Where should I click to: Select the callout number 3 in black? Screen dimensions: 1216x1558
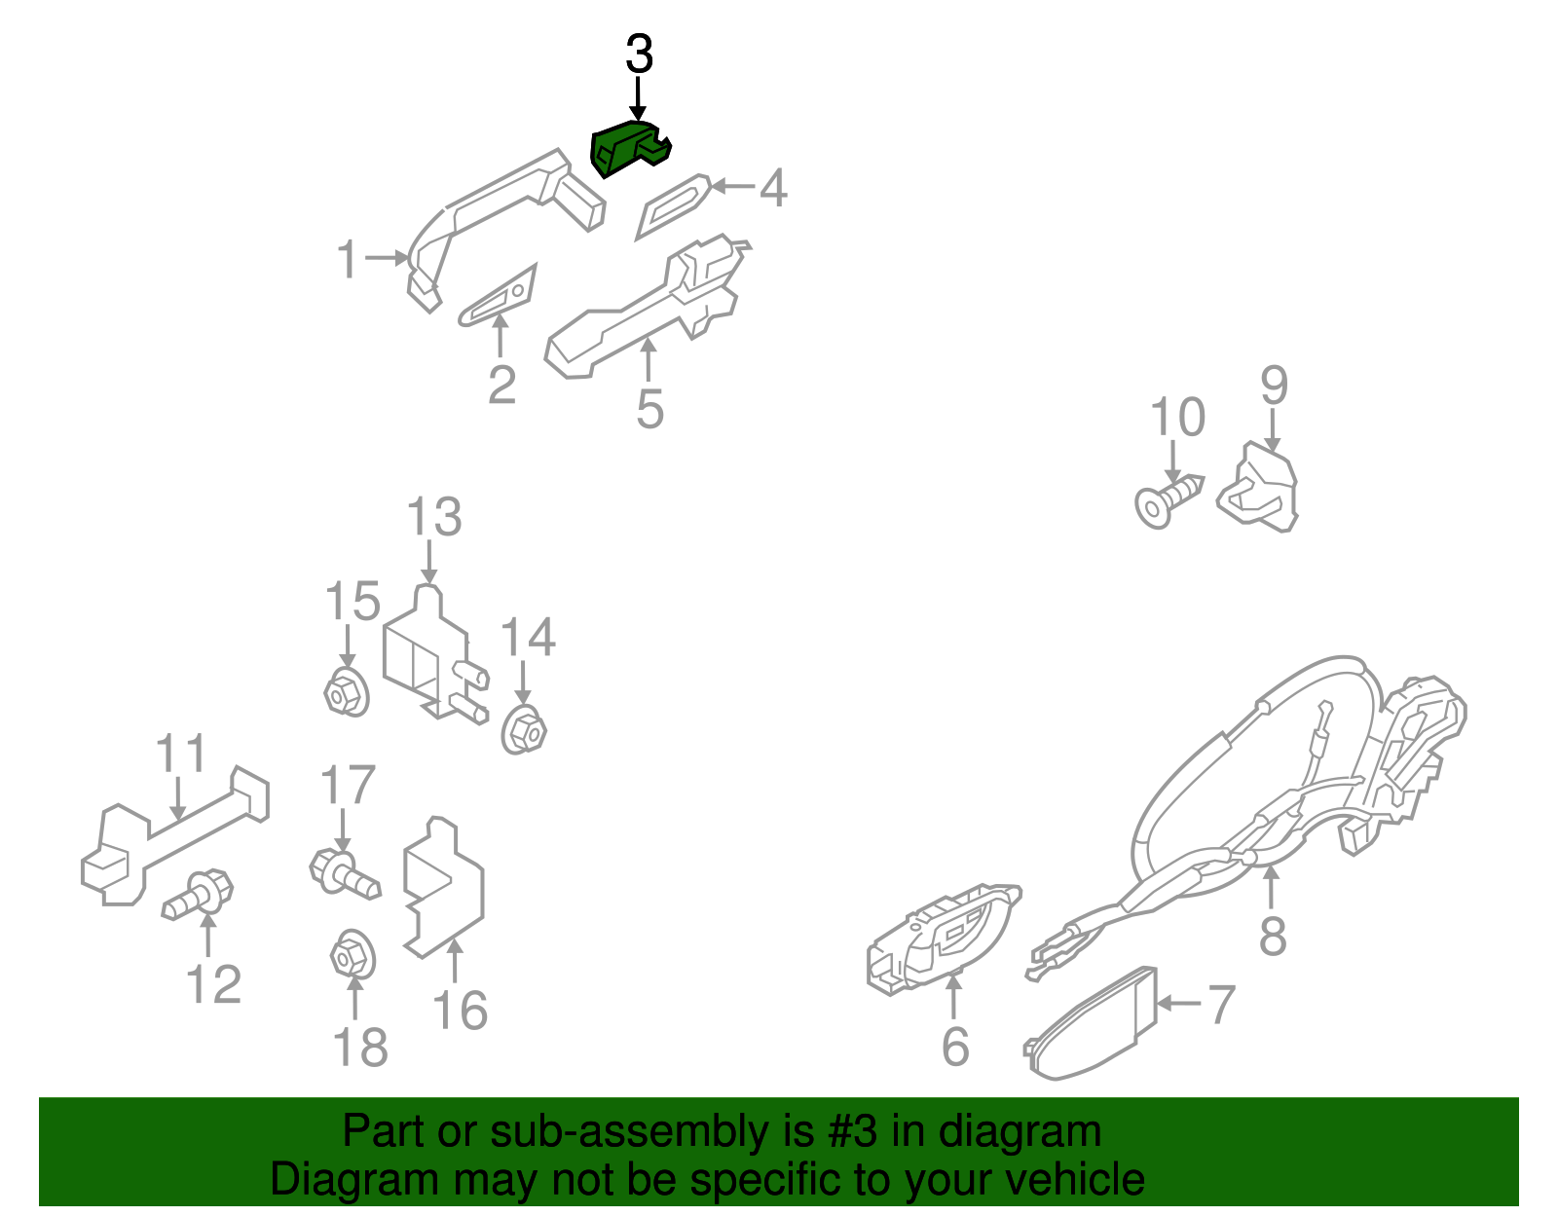click(639, 55)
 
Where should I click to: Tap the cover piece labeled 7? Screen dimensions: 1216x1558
click(1091, 1024)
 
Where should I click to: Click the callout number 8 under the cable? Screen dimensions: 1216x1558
click(1273, 935)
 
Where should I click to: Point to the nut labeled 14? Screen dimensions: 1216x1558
click(524, 731)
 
